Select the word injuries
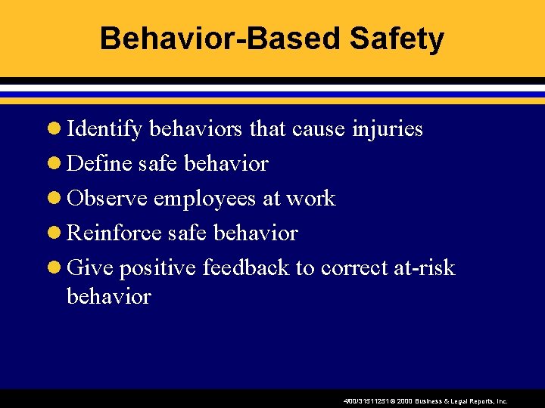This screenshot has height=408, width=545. click(388, 129)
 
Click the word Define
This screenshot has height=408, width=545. click(98, 164)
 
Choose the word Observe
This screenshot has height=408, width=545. click(107, 199)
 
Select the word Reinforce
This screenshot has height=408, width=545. click(114, 233)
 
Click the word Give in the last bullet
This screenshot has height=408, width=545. click(90, 268)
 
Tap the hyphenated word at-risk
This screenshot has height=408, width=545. click(428, 268)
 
